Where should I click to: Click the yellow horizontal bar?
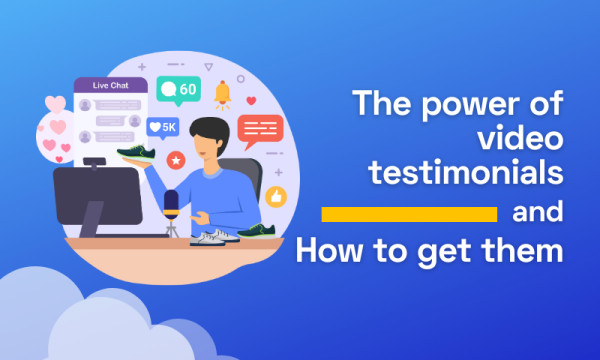[x=409, y=215]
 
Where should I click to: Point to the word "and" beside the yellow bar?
[x=538, y=214]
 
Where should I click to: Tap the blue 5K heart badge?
[x=162, y=127]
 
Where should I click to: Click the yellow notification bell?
[x=222, y=94]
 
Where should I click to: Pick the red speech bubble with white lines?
[x=261, y=130]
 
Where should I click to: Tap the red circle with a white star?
[x=176, y=159]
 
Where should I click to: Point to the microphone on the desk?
[x=171, y=206]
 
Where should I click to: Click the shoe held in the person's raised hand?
[x=138, y=152]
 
